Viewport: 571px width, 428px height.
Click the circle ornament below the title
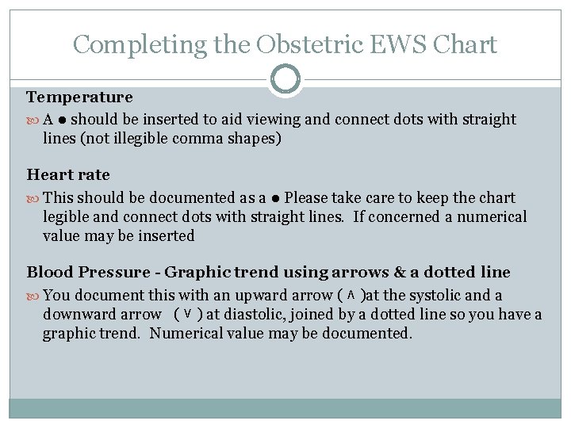click(285, 79)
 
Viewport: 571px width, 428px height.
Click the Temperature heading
click(79, 97)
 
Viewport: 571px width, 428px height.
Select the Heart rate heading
click(68, 174)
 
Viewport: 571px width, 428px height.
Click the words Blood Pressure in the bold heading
click(88, 273)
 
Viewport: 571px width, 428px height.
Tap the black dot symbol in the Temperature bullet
click(61, 120)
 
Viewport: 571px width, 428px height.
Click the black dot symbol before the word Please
click(274, 198)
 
